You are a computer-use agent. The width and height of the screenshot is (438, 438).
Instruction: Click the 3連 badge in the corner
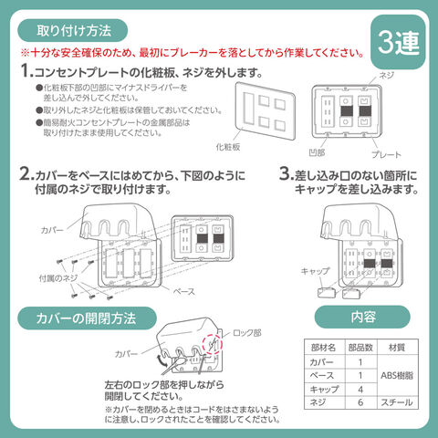click(x=398, y=42)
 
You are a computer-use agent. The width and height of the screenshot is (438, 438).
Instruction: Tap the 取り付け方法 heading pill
click(x=73, y=30)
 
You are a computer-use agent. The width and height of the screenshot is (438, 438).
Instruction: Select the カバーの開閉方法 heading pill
click(x=87, y=318)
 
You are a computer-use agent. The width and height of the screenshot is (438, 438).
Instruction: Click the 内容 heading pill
click(x=362, y=317)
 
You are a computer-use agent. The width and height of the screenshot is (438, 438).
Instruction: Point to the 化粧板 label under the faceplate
click(x=228, y=147)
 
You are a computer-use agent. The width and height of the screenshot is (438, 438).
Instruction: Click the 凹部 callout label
click(x=317, y=152)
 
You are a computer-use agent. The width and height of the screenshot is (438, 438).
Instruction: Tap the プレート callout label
click(x=386, y=154)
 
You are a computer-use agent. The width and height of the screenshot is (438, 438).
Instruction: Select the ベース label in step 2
click(x=184, y=291)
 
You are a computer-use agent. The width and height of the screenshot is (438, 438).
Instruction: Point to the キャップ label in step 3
click(x=315, y=271)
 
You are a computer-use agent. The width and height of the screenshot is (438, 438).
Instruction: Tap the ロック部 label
click(x=247, y=333)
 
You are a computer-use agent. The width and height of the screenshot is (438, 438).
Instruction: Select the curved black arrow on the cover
click(x=162, y=360)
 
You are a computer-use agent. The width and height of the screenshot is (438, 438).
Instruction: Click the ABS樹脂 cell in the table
click(x=397, y=376)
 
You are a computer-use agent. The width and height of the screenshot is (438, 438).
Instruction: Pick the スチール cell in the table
click(x=397, y=402)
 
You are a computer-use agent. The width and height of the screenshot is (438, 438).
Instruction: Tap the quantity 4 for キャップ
click(x=360, y=389)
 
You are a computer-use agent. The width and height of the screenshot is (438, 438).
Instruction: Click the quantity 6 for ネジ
click(x=360, y=402)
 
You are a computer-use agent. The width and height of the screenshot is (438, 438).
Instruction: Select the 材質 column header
click(x=397, y=348)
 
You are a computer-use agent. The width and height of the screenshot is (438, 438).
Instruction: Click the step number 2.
click(x=26, y=174)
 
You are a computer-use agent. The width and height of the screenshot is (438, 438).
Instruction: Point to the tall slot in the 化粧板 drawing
click(x=248, y=109)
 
